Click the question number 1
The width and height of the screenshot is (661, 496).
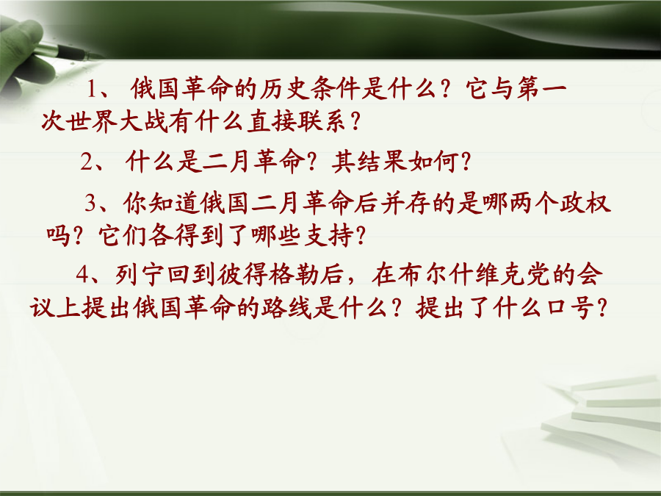coord(92,90)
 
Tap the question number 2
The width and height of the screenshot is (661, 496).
coord(86,162)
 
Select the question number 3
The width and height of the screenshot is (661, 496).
coord(90,203)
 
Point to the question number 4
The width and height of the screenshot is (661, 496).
coord(82,275)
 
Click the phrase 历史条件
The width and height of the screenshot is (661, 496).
coord(309,89)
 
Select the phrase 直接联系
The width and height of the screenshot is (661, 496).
coord(297,121)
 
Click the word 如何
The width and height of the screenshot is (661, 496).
coord(434,162)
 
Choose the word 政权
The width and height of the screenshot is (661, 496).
coord(585,203)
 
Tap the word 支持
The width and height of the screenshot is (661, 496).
coord(329,235)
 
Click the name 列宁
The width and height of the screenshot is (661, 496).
coord(141,275)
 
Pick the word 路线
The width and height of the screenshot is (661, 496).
coord(286,307)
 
